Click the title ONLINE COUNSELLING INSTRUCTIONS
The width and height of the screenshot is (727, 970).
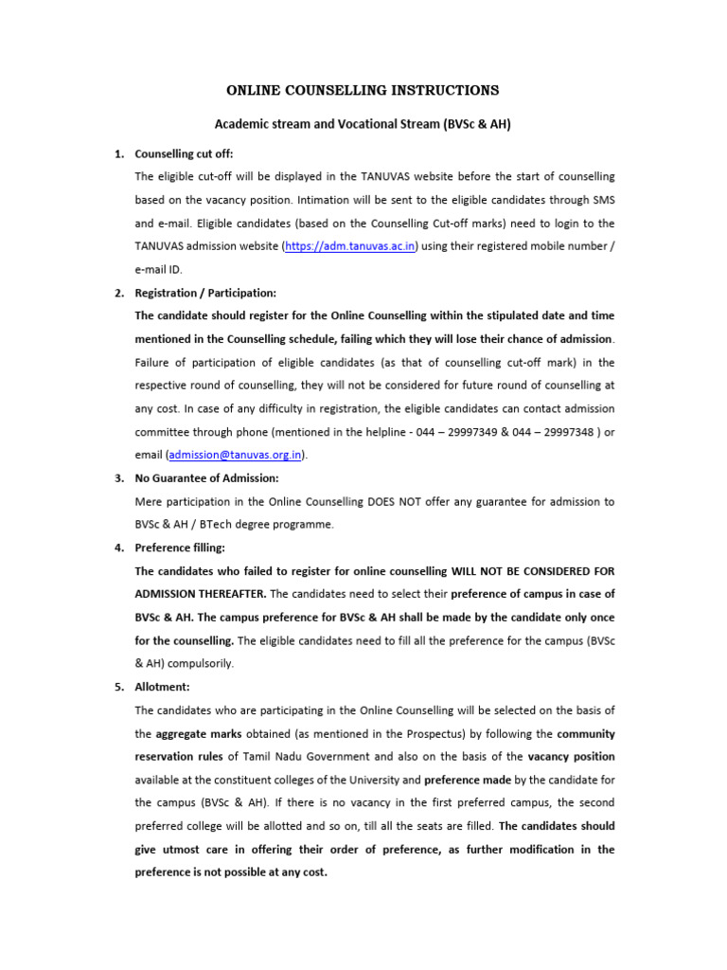(363, 91)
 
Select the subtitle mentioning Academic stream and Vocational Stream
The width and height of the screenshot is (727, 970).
(363, 124)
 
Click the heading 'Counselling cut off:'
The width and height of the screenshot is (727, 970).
(184, 153)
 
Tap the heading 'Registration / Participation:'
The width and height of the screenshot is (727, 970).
(205, 293)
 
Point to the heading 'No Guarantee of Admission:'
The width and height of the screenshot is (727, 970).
(206, 478)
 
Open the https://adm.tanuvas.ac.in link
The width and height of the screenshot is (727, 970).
(338, 246)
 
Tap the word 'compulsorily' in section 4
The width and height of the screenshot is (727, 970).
(200, 664)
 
